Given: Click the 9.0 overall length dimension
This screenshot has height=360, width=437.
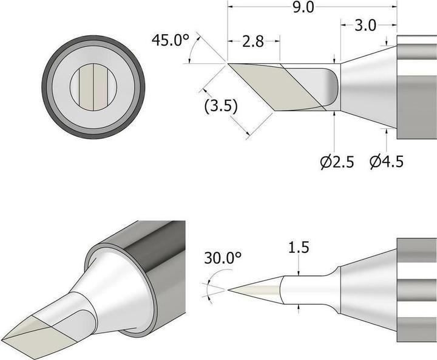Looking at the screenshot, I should [x=313, y=9].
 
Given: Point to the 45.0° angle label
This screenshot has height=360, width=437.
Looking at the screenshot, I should [x=171, y=41].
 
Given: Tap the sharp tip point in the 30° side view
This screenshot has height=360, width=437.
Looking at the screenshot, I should [x=229, y=289].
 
